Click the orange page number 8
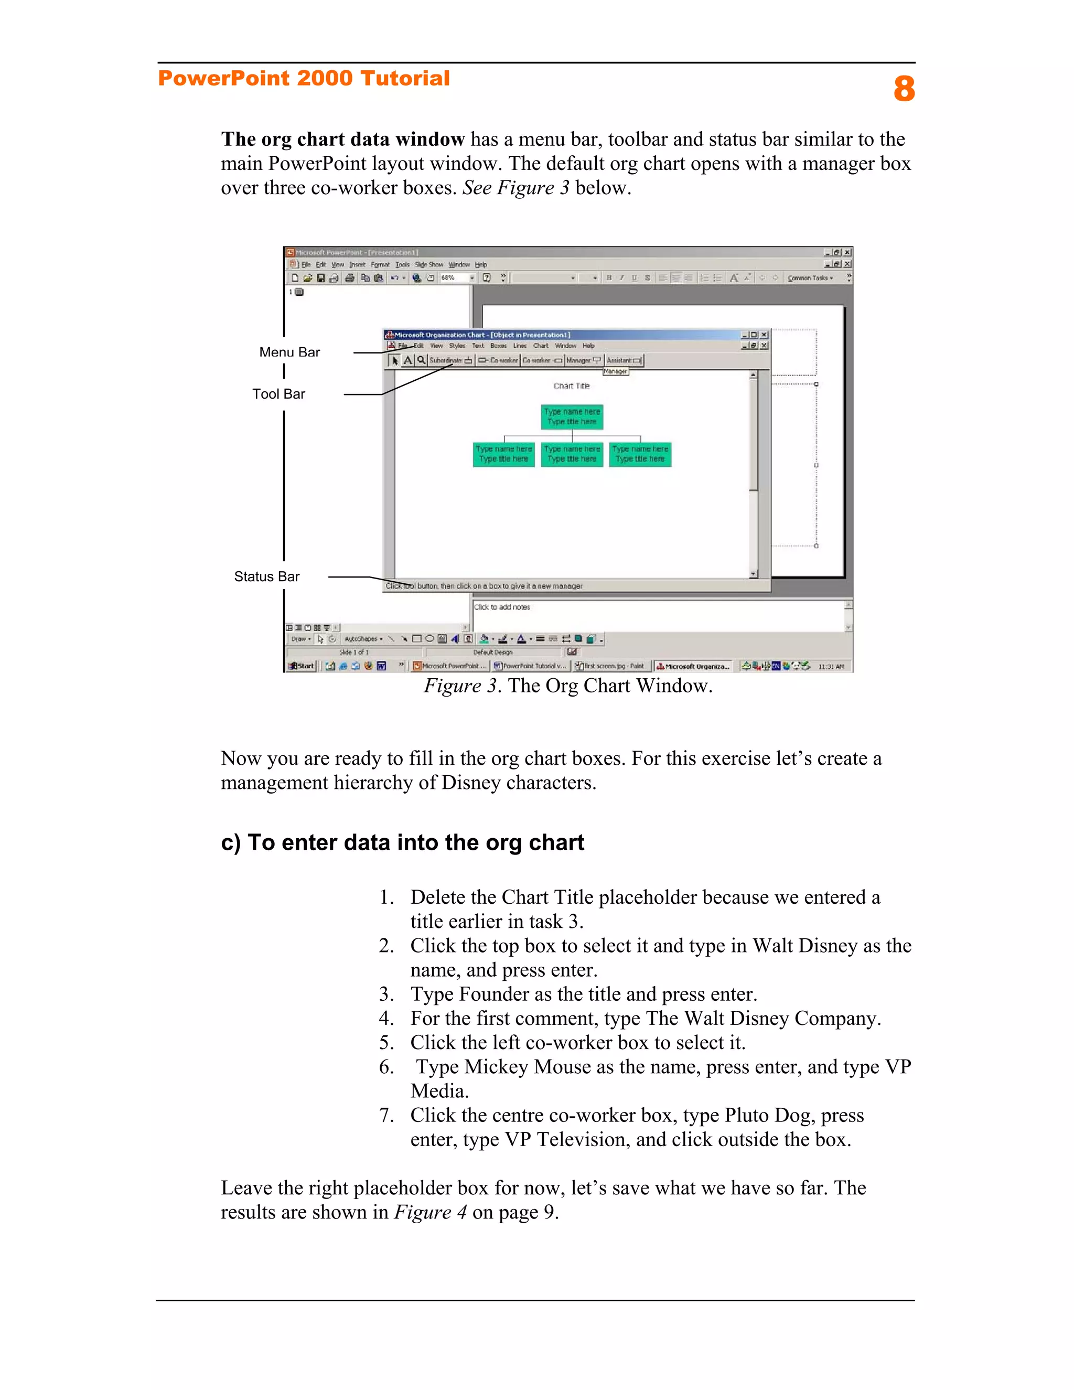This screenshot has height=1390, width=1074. pyautogui.click(x=904, y=89)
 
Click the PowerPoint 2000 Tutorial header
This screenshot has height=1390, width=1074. pyautogui.click(x=304, y=78)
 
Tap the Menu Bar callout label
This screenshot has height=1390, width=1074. pyautogui.click(x=289, y=352)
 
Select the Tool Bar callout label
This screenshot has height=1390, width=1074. pyautogui.click(x=278, y=394)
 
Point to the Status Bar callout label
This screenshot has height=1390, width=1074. pyautogui.click(x=266, y=576)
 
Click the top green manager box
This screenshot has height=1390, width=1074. pyautogui.click(x=572, y=417)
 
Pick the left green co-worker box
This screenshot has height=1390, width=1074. pyautogui.click(x=503, y=454)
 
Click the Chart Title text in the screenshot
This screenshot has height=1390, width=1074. pyautogui.click(x=572, y=386)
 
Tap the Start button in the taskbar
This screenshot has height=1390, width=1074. pyautogui.click(x=301, y=666)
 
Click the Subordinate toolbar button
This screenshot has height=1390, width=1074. pyautogui.click(x=450, y=360)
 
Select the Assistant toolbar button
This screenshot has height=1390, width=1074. pyautogui.click(x=624, y=360)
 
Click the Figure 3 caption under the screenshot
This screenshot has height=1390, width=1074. pyautogui.click(x=568, y=686)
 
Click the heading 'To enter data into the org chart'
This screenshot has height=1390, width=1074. pyautogui.click(x=402, y=843)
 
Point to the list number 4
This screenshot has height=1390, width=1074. pyautogui.click(x=385, y=1018)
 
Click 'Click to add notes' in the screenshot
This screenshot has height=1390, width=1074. pyautogui.click(x=502, y=607)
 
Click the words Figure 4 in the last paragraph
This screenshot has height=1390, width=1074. pyautogui.click(x=430, y=1212)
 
